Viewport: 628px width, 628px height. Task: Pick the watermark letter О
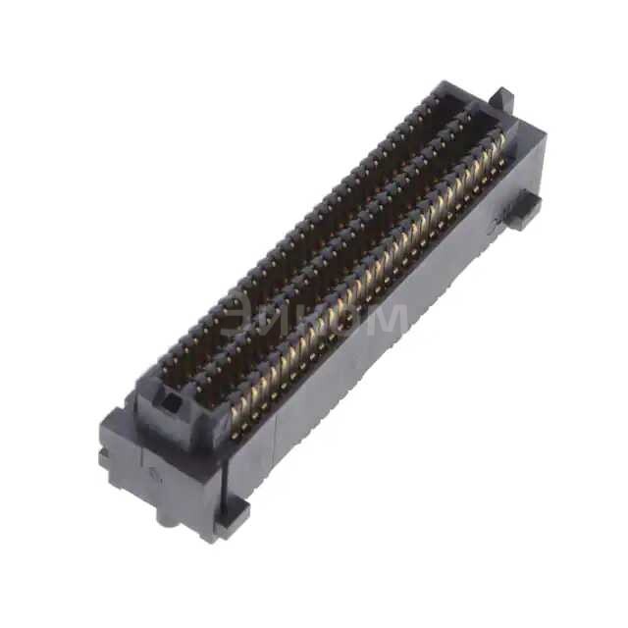pyautogui.click(x=339, y=317)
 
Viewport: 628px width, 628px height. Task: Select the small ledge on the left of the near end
pyautogui.click(x=104, y=457)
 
